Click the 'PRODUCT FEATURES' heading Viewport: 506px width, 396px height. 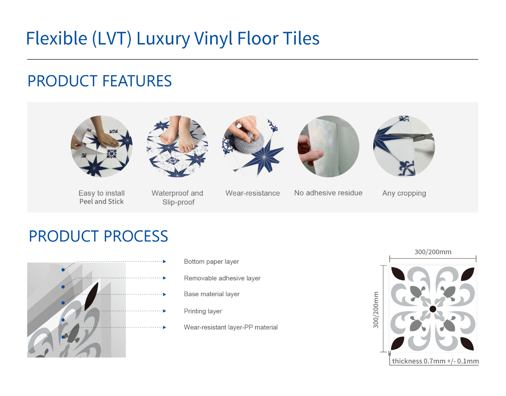pos(99,81)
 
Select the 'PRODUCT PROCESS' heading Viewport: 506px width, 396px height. pos(98,236)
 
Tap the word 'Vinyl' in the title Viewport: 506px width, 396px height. pos(213,39)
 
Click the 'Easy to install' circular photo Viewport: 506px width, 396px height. pos(101,146)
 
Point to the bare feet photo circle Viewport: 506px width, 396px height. pos(178,146)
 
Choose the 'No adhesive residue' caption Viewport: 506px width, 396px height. pos(328,193)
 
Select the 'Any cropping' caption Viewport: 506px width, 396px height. pos(404,193)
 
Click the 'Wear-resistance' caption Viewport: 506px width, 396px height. pos(253,193)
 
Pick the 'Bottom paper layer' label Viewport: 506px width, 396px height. pos(211,261)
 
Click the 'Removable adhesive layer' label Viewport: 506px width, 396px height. pos(222,278)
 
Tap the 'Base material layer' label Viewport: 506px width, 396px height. pos(212,294)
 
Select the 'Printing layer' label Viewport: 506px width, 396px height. pos(203,311)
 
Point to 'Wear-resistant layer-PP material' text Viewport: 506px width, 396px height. pos(231,327)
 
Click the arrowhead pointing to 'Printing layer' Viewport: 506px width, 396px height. pos(165,311)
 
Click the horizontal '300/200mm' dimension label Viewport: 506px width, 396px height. pos(433,252)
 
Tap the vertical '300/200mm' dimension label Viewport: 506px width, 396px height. pos(376,310)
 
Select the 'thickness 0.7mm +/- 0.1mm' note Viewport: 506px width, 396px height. pos(435,361)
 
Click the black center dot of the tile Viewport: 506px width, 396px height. pos(433,309)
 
